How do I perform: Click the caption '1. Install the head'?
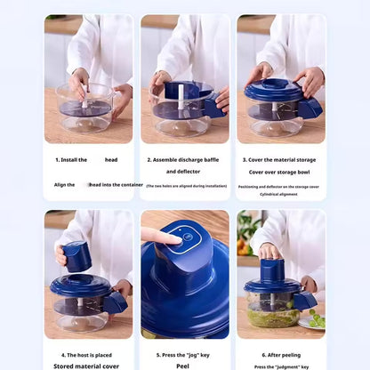click(86, 159)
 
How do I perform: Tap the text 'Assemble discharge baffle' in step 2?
click(185, 159)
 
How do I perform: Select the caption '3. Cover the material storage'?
click(281, 159)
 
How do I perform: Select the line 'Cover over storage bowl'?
click(281, 173)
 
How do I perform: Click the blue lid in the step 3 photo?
click(274, 91)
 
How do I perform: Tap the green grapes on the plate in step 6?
click(316, 319)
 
